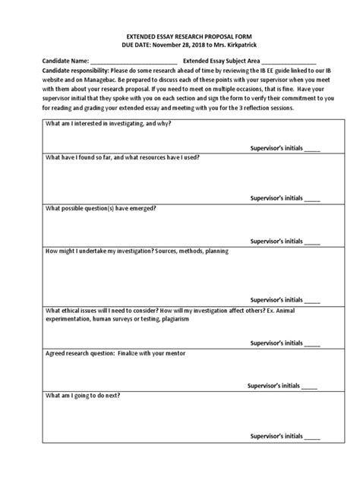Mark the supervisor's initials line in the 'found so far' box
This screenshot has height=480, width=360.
click(x=312, y=198)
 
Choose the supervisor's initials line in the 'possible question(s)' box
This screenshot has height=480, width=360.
click(x=312, y=240)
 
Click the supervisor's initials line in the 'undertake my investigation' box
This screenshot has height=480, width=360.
click(x=312, y=300)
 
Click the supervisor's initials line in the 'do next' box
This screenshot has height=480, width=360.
click(x=312, y=437)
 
